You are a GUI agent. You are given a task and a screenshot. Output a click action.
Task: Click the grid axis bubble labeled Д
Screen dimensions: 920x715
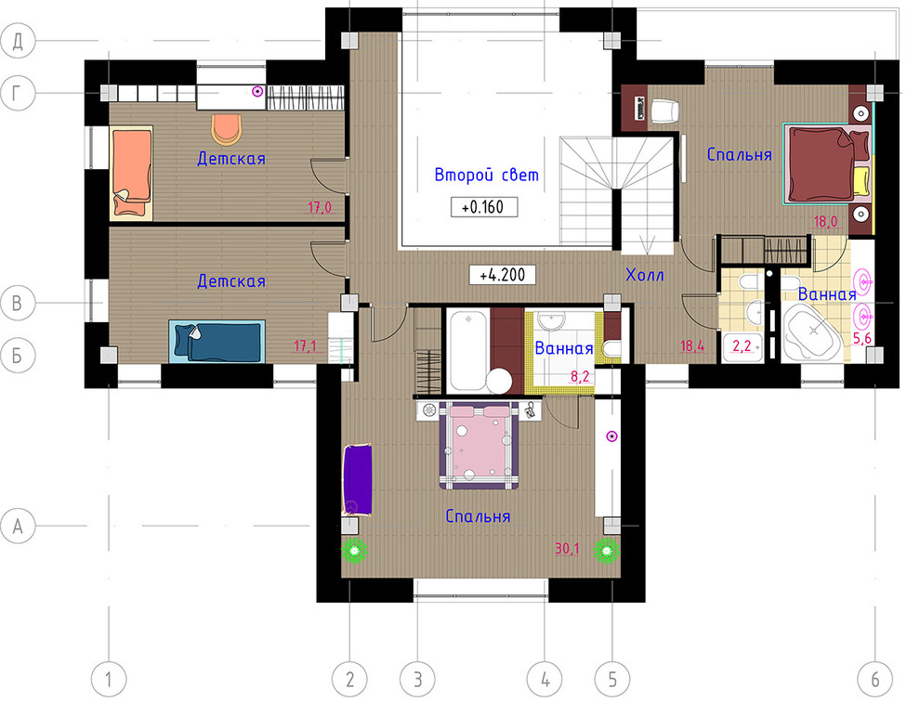tap(18, 41)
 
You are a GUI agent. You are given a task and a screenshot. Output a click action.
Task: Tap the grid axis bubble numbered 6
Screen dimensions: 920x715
tap(874, 680)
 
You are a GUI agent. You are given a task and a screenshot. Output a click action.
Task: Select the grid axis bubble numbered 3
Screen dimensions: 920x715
tap(418, 680)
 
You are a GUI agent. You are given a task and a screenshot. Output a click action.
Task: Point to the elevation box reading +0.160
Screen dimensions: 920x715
tap(484, 207)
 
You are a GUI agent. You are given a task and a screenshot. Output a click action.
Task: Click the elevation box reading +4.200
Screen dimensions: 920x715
tap(502, 275)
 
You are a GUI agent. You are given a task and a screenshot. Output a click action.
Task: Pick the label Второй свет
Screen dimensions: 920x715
tap(486, 175)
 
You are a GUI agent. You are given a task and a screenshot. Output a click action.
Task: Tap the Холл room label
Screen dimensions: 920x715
tap(645, 274)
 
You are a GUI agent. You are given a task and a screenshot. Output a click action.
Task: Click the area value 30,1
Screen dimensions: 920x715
tap(567, 549)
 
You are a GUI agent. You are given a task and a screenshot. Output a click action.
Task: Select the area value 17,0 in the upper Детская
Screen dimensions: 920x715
tap(320, 207)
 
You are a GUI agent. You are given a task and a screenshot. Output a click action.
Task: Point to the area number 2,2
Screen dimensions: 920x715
tap(743, 345)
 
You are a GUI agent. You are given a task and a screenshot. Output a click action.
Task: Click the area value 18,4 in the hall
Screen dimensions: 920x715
tap(692, 345)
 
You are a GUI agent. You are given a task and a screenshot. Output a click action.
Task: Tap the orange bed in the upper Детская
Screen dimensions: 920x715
tap(131, 174)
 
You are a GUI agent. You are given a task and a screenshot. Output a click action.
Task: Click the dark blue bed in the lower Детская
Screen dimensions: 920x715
tap(217, 341)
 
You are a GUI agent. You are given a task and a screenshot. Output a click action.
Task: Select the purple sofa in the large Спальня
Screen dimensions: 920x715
tap(358, 480)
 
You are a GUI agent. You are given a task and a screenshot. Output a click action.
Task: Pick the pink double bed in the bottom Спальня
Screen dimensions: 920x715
tap(479, 446)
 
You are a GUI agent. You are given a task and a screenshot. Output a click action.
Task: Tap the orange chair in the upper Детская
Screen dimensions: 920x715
tap(227, 129)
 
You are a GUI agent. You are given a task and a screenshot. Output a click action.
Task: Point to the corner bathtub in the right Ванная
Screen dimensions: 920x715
tap(812, 331)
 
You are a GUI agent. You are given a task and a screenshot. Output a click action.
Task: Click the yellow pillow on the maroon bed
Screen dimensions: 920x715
tap(861, 182)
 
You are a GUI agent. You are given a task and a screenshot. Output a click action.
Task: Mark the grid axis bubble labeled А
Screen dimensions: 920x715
tap(18, 526)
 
